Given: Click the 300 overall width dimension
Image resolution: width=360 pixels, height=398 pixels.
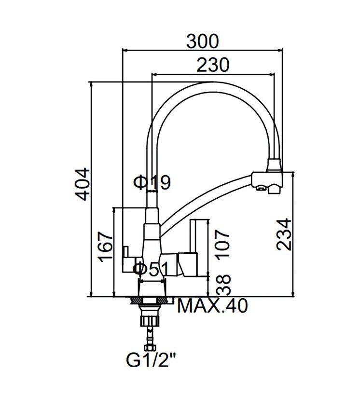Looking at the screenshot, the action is pos(202,41).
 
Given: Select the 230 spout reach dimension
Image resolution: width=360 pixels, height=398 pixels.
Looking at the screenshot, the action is pos(213,65).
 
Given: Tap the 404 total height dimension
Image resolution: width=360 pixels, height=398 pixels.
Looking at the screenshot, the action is pos(83,184).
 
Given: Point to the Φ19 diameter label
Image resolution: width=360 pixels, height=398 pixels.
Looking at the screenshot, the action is pos(152,182).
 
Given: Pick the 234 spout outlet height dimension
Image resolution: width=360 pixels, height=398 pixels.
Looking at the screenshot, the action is pos(284,235).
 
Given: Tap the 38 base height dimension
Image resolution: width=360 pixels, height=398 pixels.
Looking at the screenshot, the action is pos(223,285).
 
